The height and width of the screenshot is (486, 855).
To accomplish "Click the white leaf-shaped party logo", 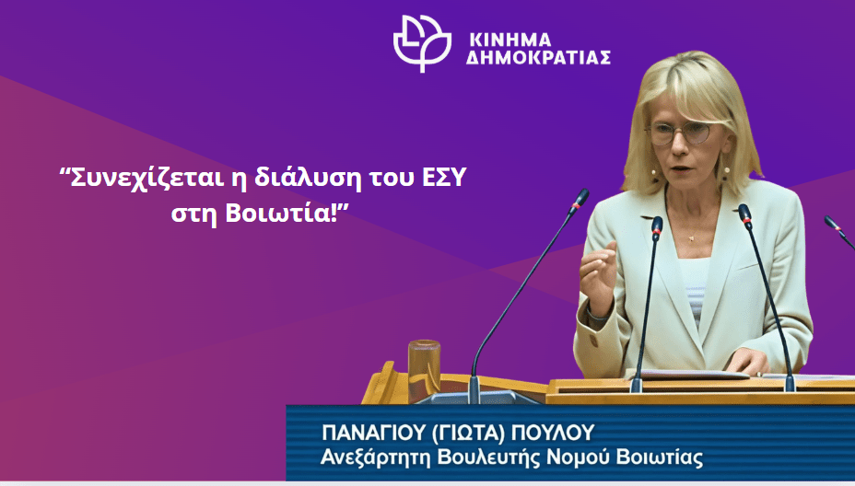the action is pos(422,42).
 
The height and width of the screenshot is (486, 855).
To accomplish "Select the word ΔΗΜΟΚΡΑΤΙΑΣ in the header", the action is pos(538,58).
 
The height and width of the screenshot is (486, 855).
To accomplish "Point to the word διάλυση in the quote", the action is pos(308,178).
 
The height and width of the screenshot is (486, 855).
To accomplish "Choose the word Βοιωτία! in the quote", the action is pos(287,213).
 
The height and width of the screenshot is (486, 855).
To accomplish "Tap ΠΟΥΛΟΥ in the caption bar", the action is pos(553,434).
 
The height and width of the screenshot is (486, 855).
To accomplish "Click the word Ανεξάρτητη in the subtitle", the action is pos(376,457).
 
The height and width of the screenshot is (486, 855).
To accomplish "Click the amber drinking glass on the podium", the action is pos(424,366).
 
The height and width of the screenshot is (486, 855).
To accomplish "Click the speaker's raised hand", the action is pos(598,275).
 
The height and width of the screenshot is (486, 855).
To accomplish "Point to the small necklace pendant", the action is pos(693,237).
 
